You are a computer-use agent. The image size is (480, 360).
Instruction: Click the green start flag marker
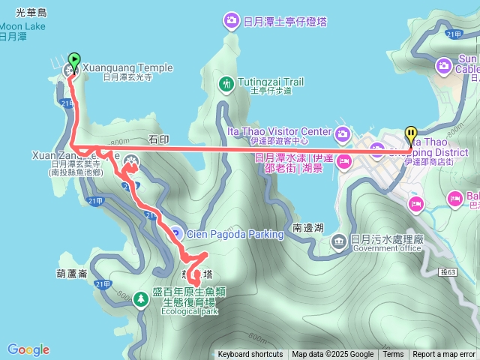[x=74, y=60]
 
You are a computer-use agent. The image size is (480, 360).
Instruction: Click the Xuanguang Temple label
[x=126, y=67]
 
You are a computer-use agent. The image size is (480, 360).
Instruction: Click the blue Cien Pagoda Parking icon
[x=174, y=233]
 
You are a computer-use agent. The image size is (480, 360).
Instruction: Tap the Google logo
[x=28, y=349]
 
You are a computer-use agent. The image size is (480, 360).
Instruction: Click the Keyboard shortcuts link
[x=250, y=355]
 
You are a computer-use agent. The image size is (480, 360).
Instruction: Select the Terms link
[x=393, y=355]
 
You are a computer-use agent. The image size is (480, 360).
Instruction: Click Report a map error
[x=444, y=355]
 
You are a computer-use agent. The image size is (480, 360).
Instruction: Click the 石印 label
[x=160, y=139]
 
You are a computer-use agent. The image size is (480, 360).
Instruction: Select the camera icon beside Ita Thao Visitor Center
[x=343, y=135]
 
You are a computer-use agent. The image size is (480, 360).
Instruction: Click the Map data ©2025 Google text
[x=332, y=355]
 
